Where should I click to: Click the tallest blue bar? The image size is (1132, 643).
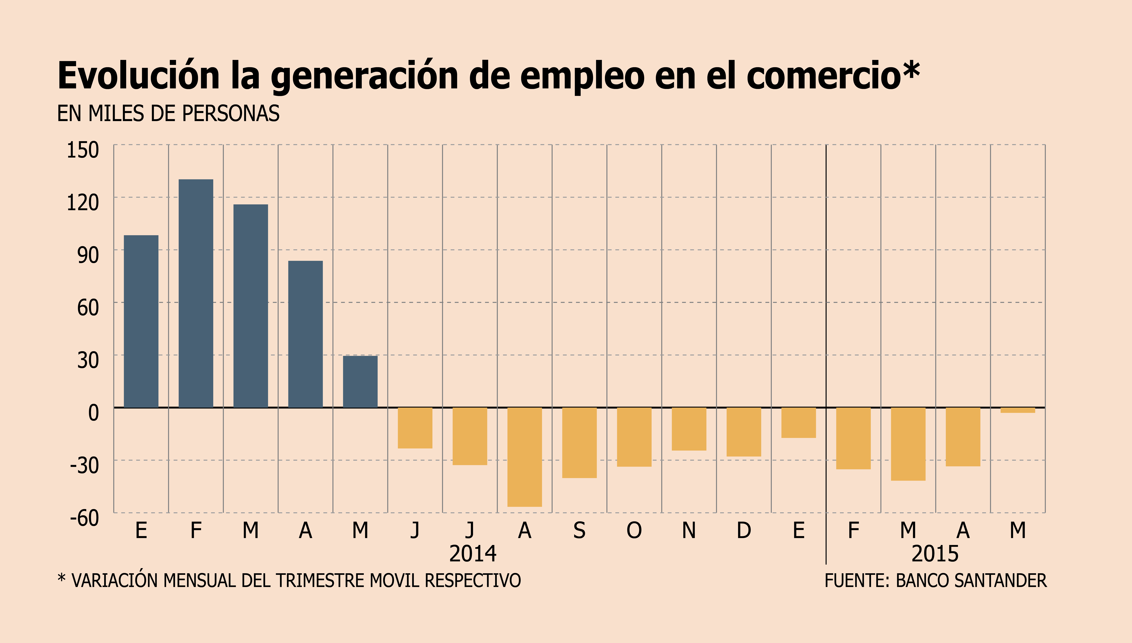pos(196,293)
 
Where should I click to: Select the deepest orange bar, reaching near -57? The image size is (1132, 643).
pos(525,457)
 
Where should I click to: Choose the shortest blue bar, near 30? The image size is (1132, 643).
pos(360,382)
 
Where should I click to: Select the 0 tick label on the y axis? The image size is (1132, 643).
pos(94,413)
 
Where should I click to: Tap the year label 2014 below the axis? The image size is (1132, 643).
pos(473,554)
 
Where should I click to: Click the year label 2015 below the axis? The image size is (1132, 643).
pos(935,554)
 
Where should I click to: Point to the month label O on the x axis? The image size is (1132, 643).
pos(634,530)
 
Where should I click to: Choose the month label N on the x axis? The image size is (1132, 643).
pos(689,530)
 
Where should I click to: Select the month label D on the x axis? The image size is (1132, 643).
pos(744,530)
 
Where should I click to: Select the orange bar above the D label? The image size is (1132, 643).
pos(744,432)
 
